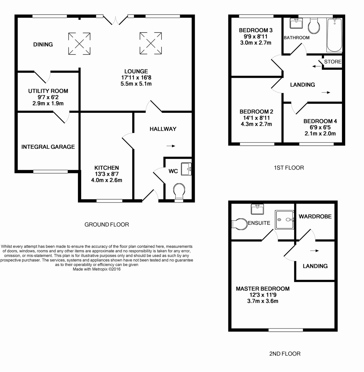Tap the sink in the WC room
(x=187, y=169)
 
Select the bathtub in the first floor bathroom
(x=334, y=35)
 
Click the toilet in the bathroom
(x=314, y=26)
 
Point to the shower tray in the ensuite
(x=284, y=220)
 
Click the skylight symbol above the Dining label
(x=79, y=43)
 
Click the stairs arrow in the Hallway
(x=171, y=146)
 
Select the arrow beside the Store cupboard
(x=316, y=66)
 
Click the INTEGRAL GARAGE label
(x=48, y=147)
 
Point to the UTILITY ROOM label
(x=48, y=91)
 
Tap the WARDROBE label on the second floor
(x=315, y=216)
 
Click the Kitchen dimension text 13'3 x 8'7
(x=106, y=174)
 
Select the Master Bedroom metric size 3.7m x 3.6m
(x=262, y=301)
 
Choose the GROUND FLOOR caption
(x=106, y=224)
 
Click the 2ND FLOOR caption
(x=285, y=354)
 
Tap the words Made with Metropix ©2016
(x=97, y=269)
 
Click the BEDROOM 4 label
(x=320, y=121)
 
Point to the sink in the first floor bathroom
(x=296, y=23)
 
